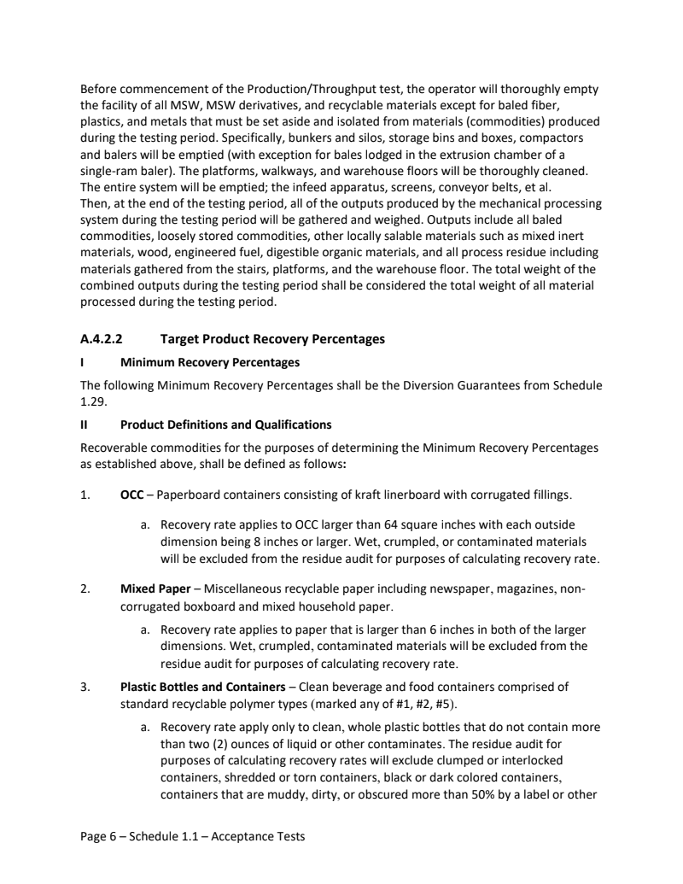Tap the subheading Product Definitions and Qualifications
[x=225, y=424]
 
